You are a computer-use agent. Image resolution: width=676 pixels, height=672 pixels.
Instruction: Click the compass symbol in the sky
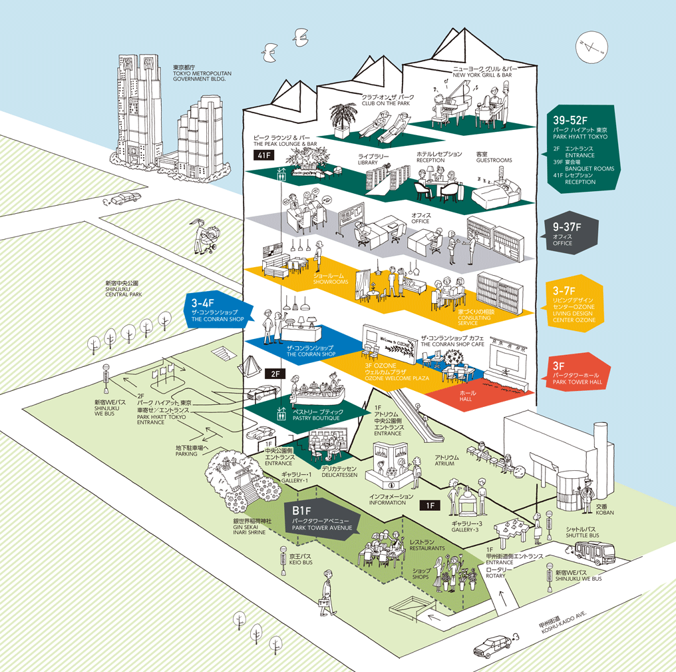[591, 47]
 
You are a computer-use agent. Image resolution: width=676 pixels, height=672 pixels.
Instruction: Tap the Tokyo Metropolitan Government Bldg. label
[202, 73]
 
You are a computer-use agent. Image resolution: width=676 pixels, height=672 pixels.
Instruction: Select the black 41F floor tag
[264, 155]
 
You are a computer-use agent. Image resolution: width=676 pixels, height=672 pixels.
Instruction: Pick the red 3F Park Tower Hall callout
[578, 373]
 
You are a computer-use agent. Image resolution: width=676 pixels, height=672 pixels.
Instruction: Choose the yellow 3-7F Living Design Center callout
[574, 304]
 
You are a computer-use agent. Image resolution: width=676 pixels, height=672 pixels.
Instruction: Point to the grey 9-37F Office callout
[569, 233]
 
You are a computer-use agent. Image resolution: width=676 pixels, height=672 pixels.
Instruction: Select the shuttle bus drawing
[595, 552]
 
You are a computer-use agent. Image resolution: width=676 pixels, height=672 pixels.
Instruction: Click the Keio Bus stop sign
[283, 560]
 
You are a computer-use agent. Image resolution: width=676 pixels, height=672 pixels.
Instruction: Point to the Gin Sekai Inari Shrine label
[252, 527]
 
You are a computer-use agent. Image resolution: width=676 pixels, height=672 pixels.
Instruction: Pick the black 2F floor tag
[275, 374]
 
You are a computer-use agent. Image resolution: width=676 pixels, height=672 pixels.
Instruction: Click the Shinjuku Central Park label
[124, 289]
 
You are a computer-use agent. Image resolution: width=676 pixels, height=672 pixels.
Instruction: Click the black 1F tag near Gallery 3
[430, 505]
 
